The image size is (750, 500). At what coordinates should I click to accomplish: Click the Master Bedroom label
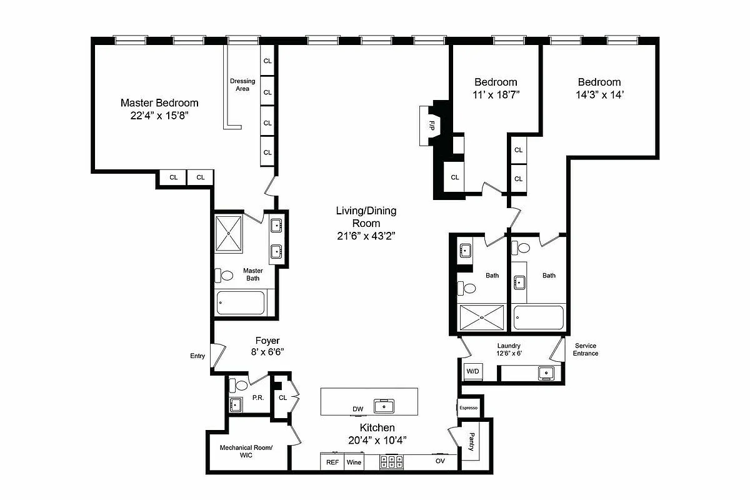[x=159, y=103]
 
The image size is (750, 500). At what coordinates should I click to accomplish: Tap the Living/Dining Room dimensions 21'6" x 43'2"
[x=366, y=236]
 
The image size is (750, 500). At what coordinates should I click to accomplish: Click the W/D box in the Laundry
[x=472, y=372]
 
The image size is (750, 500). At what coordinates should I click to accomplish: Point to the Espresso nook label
[x=468, y=408]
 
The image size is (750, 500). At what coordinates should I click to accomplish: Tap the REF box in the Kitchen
[x=332, y=462]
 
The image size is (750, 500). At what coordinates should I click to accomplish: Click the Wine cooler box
[x=354, y=462]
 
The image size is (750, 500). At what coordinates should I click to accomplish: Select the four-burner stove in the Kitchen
[x=391, y=462]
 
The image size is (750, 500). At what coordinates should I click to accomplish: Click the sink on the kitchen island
[x=384, y=406]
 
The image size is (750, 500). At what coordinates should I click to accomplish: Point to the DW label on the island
[x=357, y=409]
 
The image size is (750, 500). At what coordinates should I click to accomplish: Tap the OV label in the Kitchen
[x=440, y=461]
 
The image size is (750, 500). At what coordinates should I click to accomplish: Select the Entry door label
[x=197, y=356]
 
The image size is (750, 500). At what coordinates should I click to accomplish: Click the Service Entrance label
[x=586, y=349]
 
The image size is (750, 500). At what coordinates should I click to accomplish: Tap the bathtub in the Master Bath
[x=241, y=304]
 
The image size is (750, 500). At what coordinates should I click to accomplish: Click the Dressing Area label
[x=242, y=85]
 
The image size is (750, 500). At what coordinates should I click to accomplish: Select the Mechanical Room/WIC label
[x=246, y=451]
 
